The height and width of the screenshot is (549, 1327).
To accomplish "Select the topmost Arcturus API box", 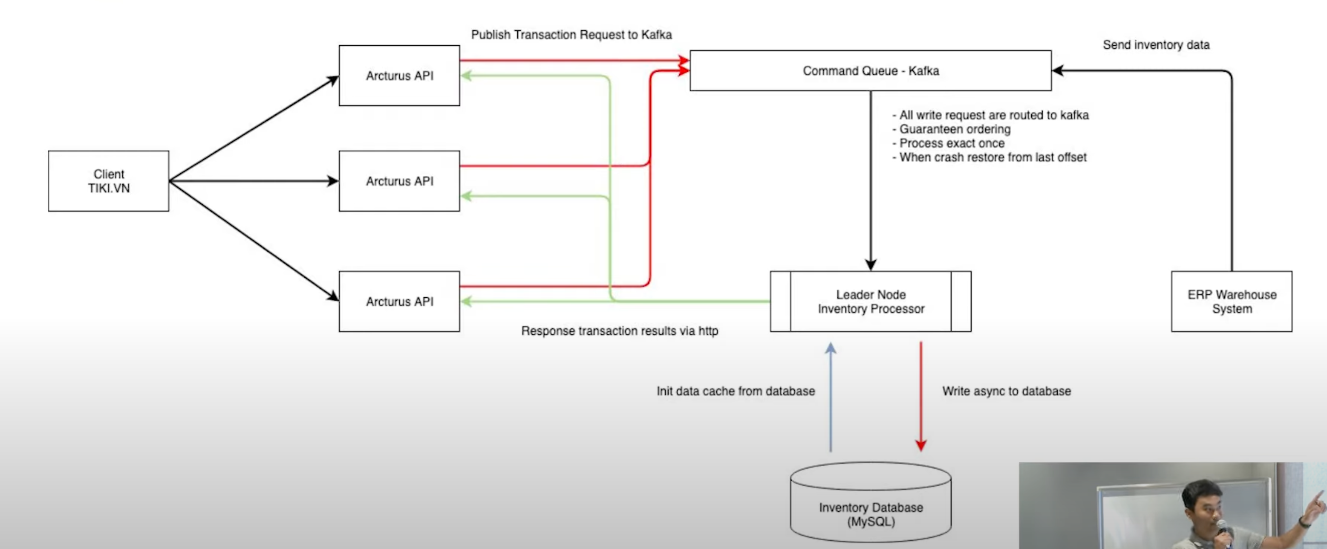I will point(399,76).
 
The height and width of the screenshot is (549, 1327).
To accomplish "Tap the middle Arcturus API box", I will point(399,181).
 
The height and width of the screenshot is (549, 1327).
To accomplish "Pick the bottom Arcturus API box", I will point(399,301).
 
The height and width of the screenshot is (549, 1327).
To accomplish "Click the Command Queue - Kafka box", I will point(871,71).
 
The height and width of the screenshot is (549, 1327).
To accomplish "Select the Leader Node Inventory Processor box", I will point(871,301).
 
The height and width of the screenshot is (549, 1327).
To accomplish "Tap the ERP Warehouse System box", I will point(1232,301).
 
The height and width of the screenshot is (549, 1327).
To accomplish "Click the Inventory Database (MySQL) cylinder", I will point(871,508).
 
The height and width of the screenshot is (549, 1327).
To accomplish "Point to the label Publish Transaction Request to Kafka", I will point(571,35).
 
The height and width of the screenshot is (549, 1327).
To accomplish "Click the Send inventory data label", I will point(1156,45).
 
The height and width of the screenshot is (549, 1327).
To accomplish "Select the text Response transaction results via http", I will point(619,331).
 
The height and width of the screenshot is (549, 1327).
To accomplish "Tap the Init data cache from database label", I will point(736,391).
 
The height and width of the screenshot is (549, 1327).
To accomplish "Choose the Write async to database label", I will point(1006,391).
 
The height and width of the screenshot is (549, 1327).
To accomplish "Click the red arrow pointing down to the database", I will point(920,397).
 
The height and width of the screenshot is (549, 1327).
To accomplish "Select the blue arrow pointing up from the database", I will point(830,397).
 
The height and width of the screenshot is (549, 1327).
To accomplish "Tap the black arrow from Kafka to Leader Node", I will point(871,180).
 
